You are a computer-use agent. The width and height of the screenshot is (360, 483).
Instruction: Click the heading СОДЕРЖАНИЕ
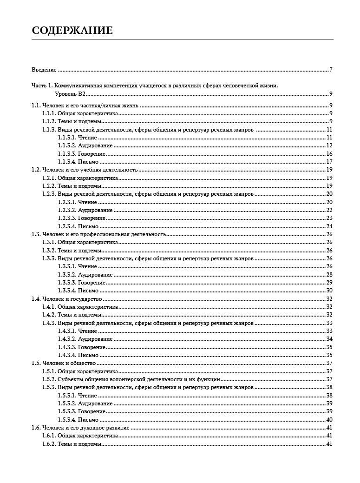point(72,31)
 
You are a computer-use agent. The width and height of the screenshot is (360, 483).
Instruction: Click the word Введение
point(44,70)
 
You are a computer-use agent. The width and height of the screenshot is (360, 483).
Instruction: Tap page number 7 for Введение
point(331,70)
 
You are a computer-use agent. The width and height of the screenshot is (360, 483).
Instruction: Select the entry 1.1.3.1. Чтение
point(78,138)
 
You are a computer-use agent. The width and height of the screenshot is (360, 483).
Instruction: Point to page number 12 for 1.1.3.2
point(329,146)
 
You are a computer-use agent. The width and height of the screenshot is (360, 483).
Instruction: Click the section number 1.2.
point(36,170)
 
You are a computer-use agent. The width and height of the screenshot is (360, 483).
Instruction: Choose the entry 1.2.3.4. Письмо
point(78,226)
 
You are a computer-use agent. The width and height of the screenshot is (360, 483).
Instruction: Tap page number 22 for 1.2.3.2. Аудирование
point(329,210)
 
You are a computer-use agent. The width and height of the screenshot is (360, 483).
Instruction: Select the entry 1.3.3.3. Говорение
point(82,283)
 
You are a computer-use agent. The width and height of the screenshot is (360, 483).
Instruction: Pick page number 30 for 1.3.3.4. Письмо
point(329,291)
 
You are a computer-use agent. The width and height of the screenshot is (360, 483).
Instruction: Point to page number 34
point(329,339)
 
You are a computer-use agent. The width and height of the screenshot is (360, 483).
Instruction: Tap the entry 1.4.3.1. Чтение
point(78,331)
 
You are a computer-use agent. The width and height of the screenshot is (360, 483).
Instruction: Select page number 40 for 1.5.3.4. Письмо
point(329,420)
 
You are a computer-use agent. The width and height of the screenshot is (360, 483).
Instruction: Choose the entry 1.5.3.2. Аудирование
point(85,404)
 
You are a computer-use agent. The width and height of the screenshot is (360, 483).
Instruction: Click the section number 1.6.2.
point(49,444)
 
